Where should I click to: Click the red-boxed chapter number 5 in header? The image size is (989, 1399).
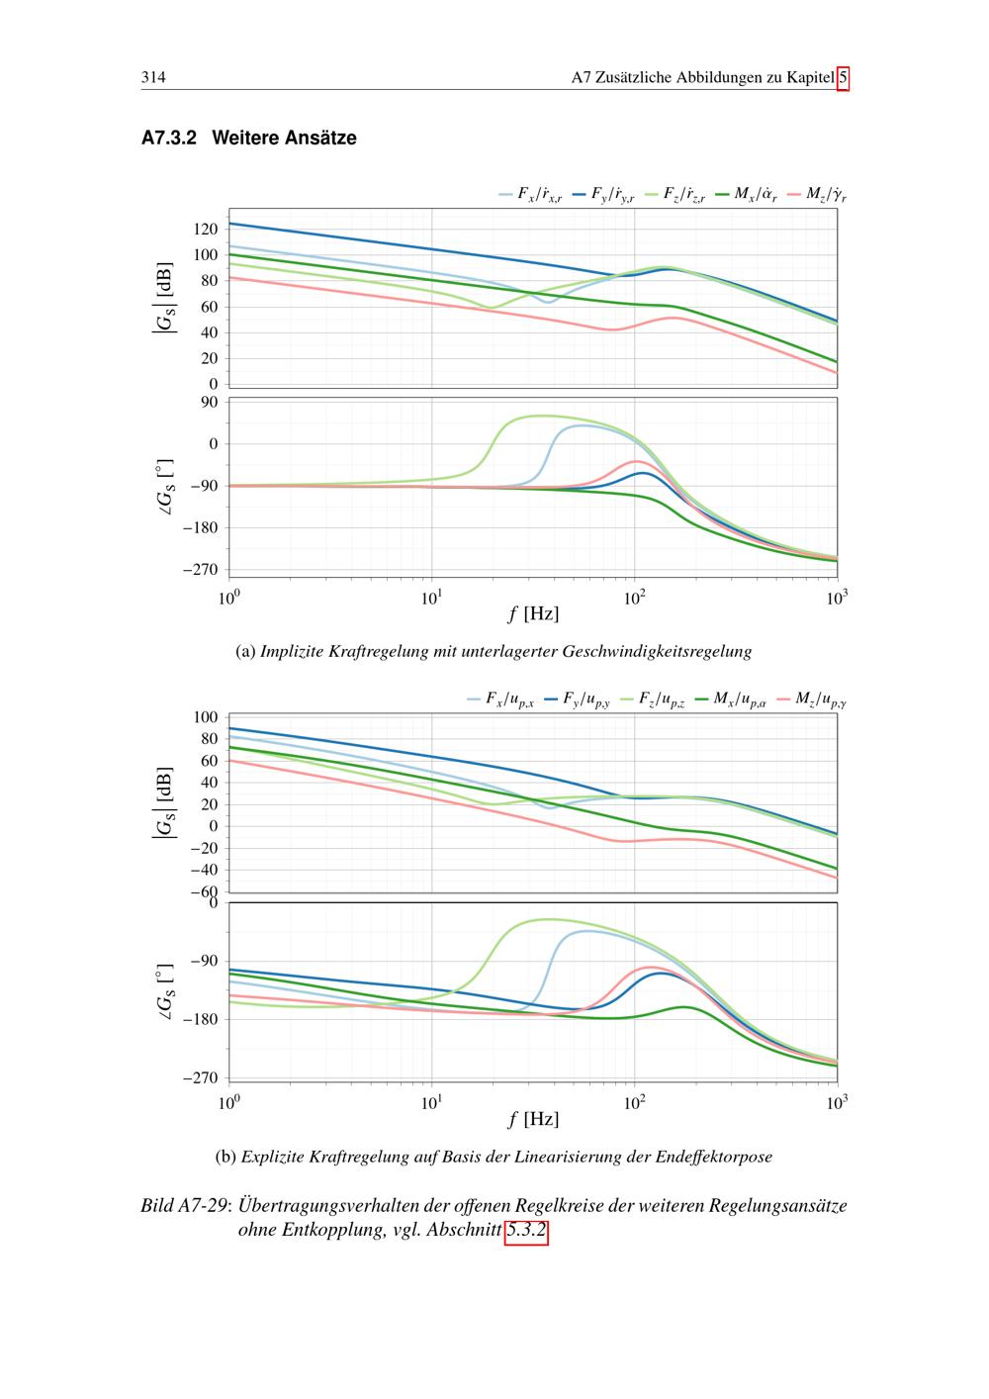pos(843,78)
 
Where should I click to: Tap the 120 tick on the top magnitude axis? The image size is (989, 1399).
pos(205,230)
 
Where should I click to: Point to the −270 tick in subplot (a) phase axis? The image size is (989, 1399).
pos(199,570)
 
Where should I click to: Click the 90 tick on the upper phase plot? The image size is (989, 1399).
pos(209,402)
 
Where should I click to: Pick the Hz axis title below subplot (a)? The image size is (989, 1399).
pos(533,614)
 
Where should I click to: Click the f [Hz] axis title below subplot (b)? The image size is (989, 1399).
pos(533,1119)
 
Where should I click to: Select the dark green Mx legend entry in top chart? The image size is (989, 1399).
pos(746,196)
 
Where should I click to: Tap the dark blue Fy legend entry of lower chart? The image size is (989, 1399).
pos(579,700)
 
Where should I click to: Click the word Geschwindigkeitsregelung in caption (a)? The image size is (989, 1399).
pos(657,652)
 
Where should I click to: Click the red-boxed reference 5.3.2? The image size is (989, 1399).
pos(526,1232)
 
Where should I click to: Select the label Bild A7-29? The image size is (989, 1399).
pos(184,1207)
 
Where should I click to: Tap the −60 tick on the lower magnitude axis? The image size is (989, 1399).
pos(203,891)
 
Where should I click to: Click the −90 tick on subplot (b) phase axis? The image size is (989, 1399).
pos(203,961)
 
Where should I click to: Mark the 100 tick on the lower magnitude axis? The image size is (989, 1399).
pos(205,717)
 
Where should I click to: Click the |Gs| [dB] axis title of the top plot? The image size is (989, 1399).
pos(162,297)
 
